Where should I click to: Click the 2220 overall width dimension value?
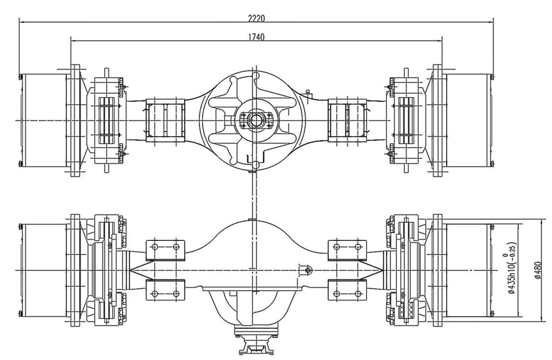pos(256,18)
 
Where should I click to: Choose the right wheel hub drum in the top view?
pos(468,120)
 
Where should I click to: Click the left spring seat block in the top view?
pos(165,120)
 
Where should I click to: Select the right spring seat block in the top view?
pos(347,120)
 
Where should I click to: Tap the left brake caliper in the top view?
pos(107,120)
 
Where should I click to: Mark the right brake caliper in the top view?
pos(406,120)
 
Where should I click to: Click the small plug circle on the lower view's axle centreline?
pos(307,270)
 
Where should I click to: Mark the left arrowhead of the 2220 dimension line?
pos(20,22)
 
